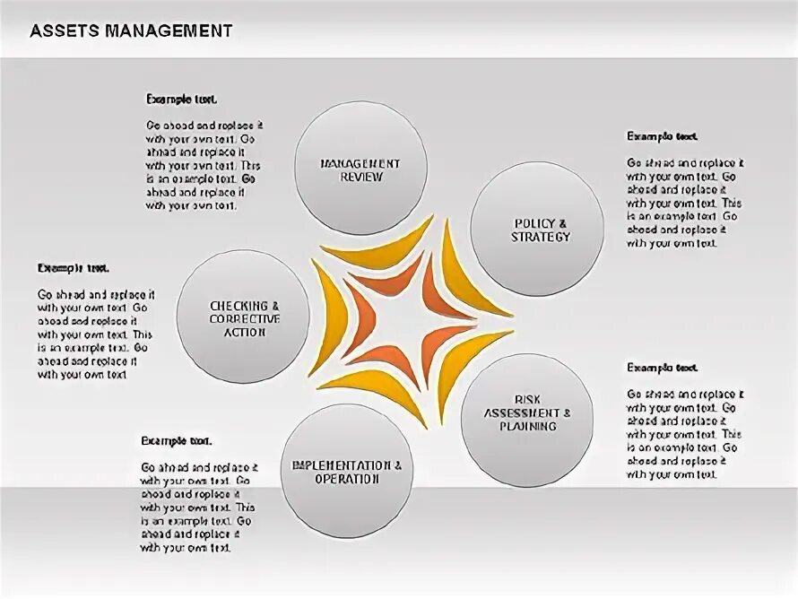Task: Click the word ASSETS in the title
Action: [62, 30]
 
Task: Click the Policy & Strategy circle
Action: [536, 229]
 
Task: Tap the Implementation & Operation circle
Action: [346, 471]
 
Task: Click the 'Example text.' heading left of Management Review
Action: [181, 99]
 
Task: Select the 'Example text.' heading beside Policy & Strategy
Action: [662, 136]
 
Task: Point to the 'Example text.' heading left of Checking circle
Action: [73, 267]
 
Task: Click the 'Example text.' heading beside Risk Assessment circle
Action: [662, 368]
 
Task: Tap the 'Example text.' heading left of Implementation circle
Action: [176, 440]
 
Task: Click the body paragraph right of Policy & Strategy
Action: [685, 203]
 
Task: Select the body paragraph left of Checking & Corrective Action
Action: [95, 334]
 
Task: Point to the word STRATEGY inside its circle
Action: [540, 238]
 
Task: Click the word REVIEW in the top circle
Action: [360, 177]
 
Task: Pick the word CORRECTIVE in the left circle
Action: [244, 318]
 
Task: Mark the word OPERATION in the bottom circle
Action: [346, 479]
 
